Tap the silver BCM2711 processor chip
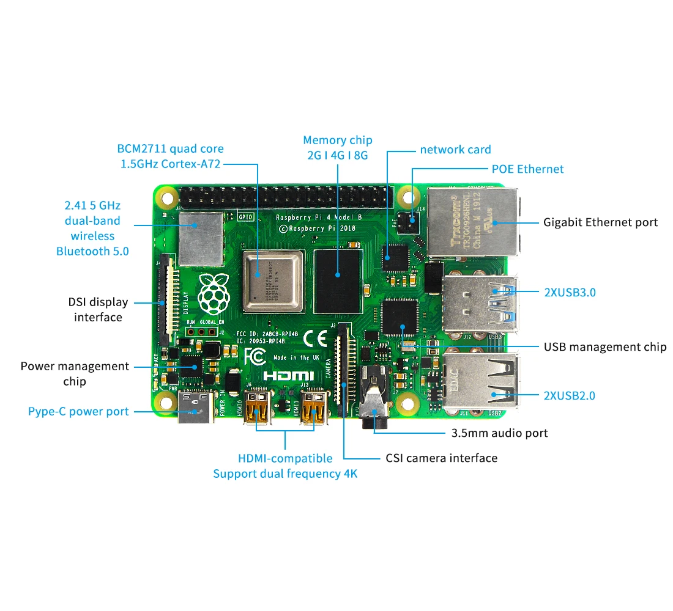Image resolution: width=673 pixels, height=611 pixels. click(x=273, y=280)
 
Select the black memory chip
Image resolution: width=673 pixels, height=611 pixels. click(x=338, y=280)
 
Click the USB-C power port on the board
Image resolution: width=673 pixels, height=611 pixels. click(x=196, y=408)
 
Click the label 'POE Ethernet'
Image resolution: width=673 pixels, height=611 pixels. click(x=527, y=169)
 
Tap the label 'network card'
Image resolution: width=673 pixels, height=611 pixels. click(x=455, y=150)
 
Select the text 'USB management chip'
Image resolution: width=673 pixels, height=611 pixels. click(x=604, y=347)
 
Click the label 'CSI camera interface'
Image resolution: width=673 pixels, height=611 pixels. click(x=441, y=458)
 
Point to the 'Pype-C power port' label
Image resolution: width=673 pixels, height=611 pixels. click(x=78, y=412)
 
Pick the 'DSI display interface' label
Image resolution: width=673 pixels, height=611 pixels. click(x=98, y=310)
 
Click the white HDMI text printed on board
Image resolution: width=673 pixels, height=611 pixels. click(x=289, y=376)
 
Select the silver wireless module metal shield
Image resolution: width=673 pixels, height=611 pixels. click(x=201, y=240)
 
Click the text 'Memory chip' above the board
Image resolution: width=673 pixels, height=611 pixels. click(x=337, y=141)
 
